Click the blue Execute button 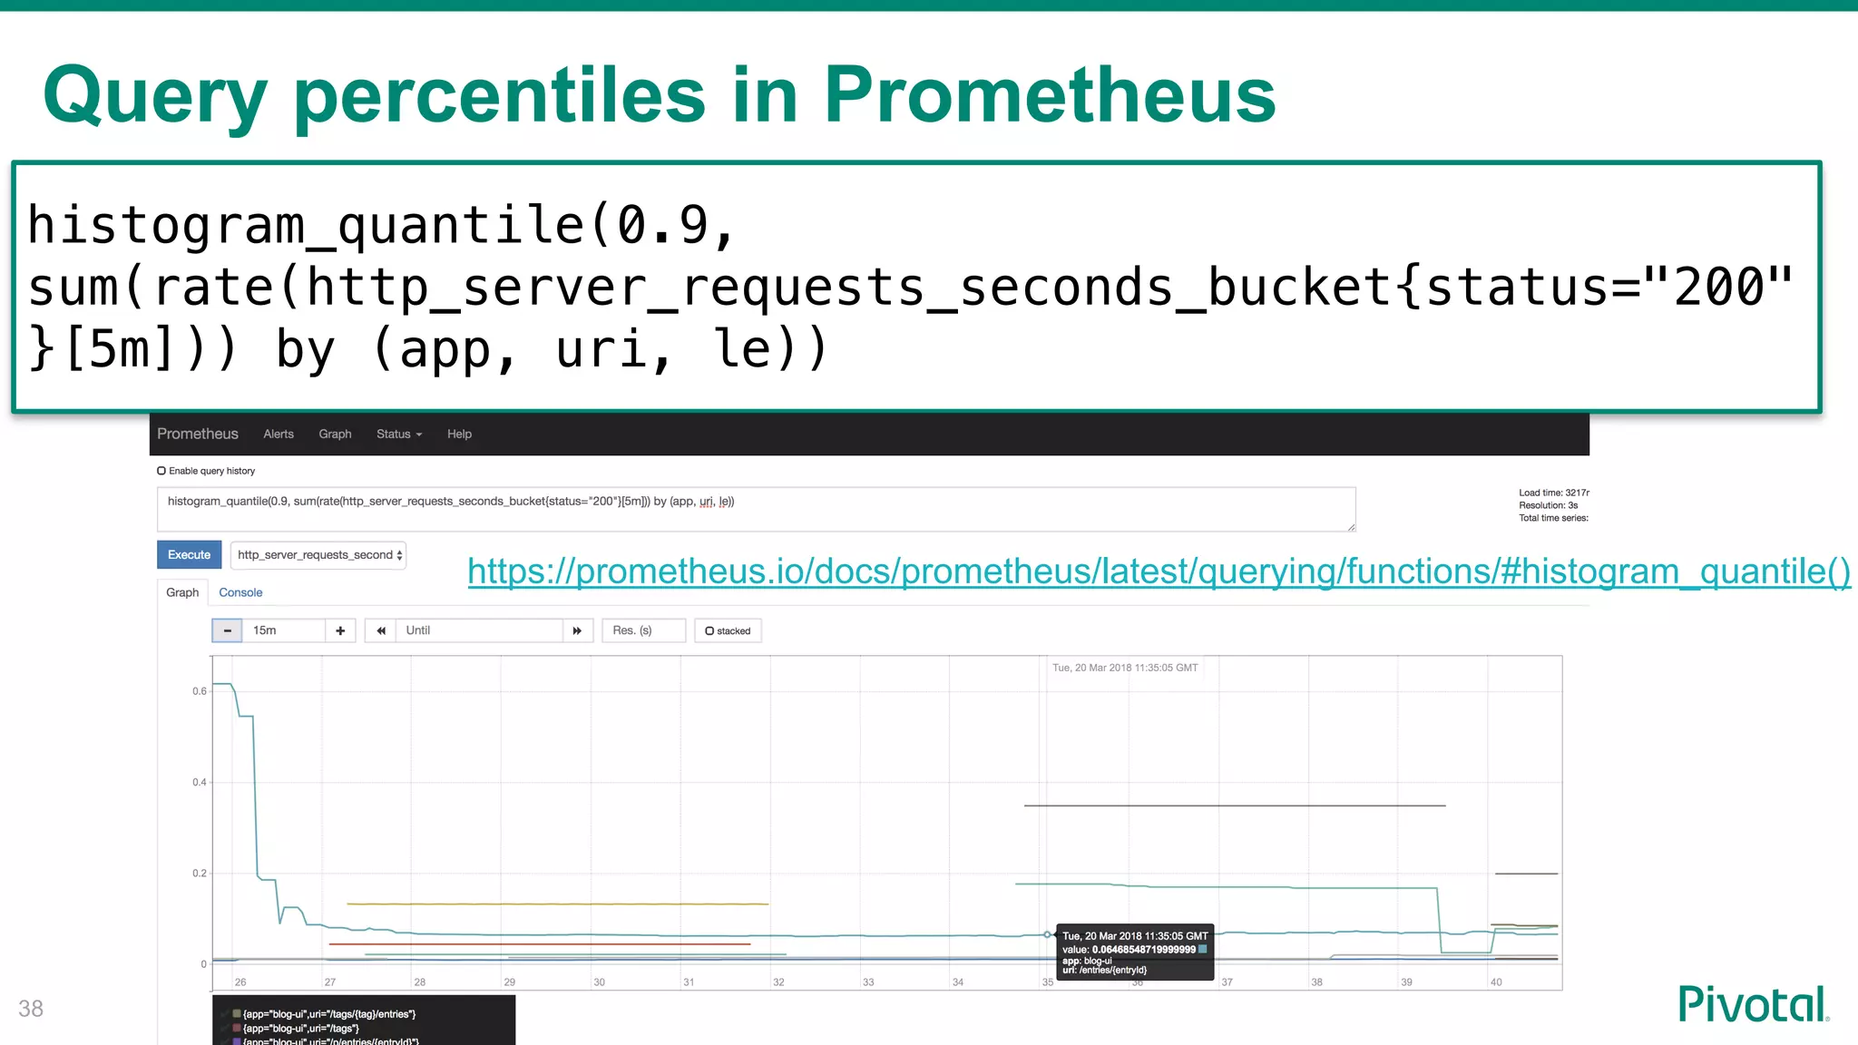click(189, 554)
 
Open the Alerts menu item click(279, 434)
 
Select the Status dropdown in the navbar click(399, 434)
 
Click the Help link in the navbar click(459, 434)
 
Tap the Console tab click(240, 592)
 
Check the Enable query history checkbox click(161, 471)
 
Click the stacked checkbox click(709, 630)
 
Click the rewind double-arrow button click(381, 630)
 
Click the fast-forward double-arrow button click(577, 630)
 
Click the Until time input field click(479, 630)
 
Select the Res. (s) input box click(643, 630)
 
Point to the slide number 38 click(31, 1008)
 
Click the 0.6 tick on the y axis click(200, 691)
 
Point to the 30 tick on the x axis click(599, 982)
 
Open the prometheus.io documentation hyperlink click(1159, 571)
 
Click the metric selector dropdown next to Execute click(318, 554)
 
